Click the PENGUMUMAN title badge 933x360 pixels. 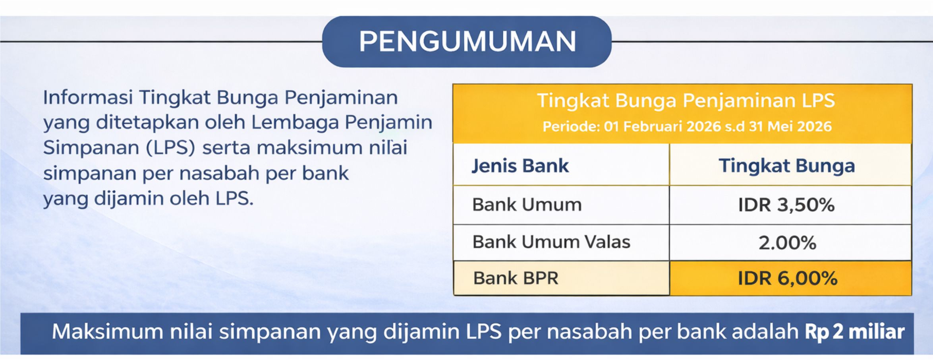(467, 41)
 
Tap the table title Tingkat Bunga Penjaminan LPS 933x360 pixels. (686, 100)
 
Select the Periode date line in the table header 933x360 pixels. (687, 126)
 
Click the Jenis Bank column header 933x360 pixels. (520, 166)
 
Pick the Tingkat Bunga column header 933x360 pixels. (787, 166)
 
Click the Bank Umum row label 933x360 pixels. (527, 205)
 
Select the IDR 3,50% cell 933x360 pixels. (786, 205)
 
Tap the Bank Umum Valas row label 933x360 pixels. (551, 242)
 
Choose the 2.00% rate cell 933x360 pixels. (787, 243)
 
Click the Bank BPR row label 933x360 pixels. (516, 278)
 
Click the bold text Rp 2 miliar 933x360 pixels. (855, 332)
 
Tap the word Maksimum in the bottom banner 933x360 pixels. (107, 332)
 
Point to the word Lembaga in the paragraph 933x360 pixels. (294, 122)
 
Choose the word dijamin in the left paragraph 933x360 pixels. (129, 198)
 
